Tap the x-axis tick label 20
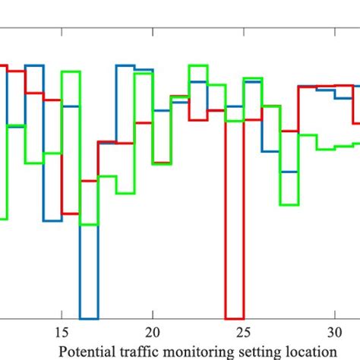[x=153, y=332]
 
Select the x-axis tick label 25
[x=243, y=332]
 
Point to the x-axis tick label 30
[x=334, y=332]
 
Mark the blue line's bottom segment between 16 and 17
[x=89, y=318]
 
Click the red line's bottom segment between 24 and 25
[x=234, y=318]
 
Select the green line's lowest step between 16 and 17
[x=89, y=224]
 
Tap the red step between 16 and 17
[x=89, y=181]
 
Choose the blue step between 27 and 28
[x=289, y=172]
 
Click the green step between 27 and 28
[x=289, y=204]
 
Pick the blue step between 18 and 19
[x=125, y=65]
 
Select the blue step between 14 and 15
[x=52, y=221]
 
